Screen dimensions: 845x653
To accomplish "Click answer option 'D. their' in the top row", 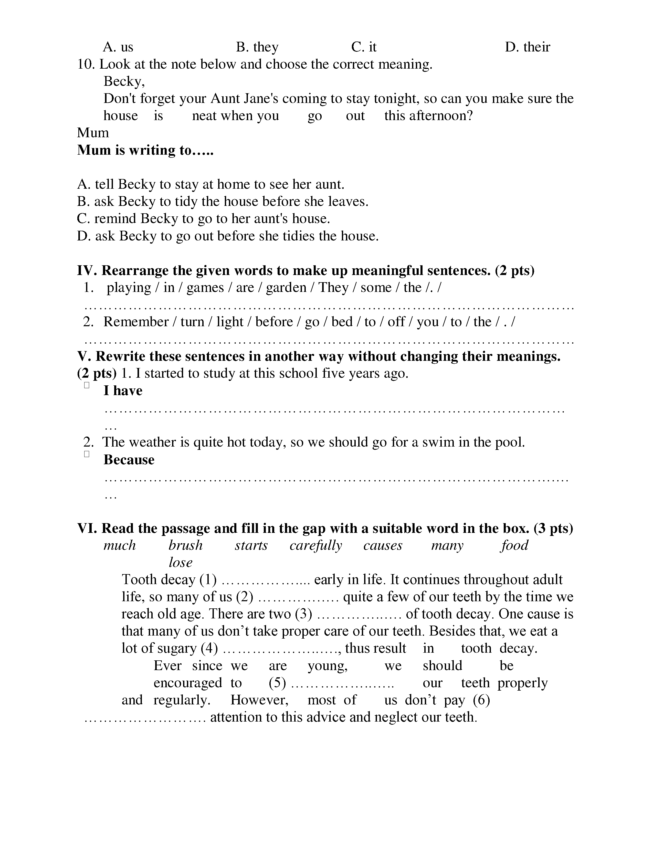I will coord(527,47).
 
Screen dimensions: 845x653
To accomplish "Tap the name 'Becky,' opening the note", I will coord(124,81).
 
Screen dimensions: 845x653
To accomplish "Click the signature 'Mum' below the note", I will coord(93,133).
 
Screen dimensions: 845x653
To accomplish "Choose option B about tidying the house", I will coord(223,202).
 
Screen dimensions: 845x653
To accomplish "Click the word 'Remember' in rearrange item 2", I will coord(136,322).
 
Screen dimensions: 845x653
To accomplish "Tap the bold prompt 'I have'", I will coord(123,391).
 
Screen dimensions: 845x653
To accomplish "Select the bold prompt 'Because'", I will coord(129,460).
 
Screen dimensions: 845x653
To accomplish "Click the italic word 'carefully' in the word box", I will coord(316,545).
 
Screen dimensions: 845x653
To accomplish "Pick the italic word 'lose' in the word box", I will coord(180,563).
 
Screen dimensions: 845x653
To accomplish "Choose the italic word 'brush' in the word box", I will coord(185,545).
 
